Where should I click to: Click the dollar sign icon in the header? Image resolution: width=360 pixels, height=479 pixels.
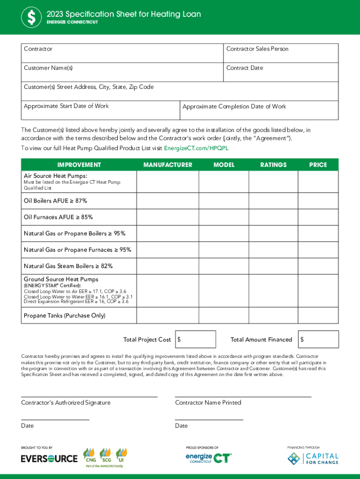coord(31,18)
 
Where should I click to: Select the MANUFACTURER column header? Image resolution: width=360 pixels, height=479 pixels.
coord(167,165)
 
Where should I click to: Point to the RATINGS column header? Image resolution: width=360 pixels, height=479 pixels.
coord(274,165)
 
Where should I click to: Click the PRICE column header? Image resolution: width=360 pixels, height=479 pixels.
coord(318,165)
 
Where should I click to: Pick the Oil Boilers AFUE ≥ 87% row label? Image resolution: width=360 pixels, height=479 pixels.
coord(56,201)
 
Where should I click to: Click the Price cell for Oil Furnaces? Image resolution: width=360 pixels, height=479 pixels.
coord(318,217)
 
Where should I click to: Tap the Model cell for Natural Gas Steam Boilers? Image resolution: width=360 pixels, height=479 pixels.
coord(223,266)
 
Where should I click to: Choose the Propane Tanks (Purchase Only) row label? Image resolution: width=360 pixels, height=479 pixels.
coord(65,316)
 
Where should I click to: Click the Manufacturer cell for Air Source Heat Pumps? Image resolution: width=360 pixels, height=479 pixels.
coord(167,181)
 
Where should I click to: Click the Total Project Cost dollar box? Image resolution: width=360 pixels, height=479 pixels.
coord(195,340)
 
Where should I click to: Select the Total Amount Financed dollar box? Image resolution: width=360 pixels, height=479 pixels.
coord(318,340)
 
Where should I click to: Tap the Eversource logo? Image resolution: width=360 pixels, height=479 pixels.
coord(49,459)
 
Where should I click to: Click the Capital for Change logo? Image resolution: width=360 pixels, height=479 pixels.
coord(313,458)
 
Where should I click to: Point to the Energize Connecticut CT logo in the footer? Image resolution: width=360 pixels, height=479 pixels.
coord(209,458)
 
